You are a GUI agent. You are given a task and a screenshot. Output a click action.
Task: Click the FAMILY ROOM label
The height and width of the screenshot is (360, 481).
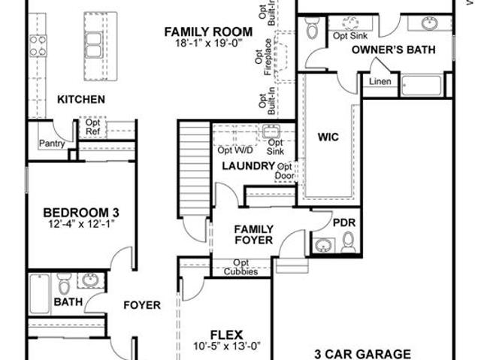[x=208, y=32]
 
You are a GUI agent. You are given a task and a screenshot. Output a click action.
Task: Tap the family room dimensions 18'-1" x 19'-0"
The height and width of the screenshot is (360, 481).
[x=209, y=43]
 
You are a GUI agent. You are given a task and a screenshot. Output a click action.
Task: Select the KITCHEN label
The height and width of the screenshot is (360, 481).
[x=81, y=99]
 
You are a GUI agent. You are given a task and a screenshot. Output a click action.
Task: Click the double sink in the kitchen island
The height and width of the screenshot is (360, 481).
[x=93, y=45]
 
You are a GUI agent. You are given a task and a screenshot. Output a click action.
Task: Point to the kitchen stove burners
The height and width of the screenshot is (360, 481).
[x=38, y=46]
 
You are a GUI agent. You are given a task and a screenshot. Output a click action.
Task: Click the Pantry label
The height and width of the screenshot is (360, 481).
[x=52, y=144]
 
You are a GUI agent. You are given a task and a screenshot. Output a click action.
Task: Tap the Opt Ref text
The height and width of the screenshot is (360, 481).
[x=92, y=127]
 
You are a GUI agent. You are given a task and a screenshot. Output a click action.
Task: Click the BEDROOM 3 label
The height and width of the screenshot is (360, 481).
[x=81, y=213]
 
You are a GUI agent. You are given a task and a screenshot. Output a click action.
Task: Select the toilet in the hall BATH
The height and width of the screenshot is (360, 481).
[x=64, y=283]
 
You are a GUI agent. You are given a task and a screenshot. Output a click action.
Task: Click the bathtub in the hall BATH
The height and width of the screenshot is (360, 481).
[x=39, y=293]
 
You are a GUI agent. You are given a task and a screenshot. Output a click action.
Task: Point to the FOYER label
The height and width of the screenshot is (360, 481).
[x=142, y=305]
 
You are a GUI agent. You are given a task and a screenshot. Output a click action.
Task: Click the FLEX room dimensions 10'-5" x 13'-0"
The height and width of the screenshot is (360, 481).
[x=227, y=346]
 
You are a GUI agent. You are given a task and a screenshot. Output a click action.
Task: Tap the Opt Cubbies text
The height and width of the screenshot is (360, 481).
[x=240, y=267]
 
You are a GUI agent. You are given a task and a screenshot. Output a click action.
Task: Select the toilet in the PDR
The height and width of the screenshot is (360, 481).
[x=348, y=242]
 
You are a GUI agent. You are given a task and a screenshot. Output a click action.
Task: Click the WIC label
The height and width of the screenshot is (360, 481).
[x=328, y=137]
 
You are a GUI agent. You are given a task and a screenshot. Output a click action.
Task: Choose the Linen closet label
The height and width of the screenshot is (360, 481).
[x=380, y=82]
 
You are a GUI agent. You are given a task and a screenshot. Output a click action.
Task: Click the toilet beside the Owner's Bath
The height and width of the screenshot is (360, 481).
[x=313, y=29]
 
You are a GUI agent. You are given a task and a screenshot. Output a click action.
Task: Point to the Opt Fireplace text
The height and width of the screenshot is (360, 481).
[x=264, y=56]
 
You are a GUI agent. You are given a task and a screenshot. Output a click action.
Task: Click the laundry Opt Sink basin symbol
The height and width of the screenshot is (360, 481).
[x=271, y=132]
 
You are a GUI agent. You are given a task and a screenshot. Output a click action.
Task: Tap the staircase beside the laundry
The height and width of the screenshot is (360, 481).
[x=194, y=169]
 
